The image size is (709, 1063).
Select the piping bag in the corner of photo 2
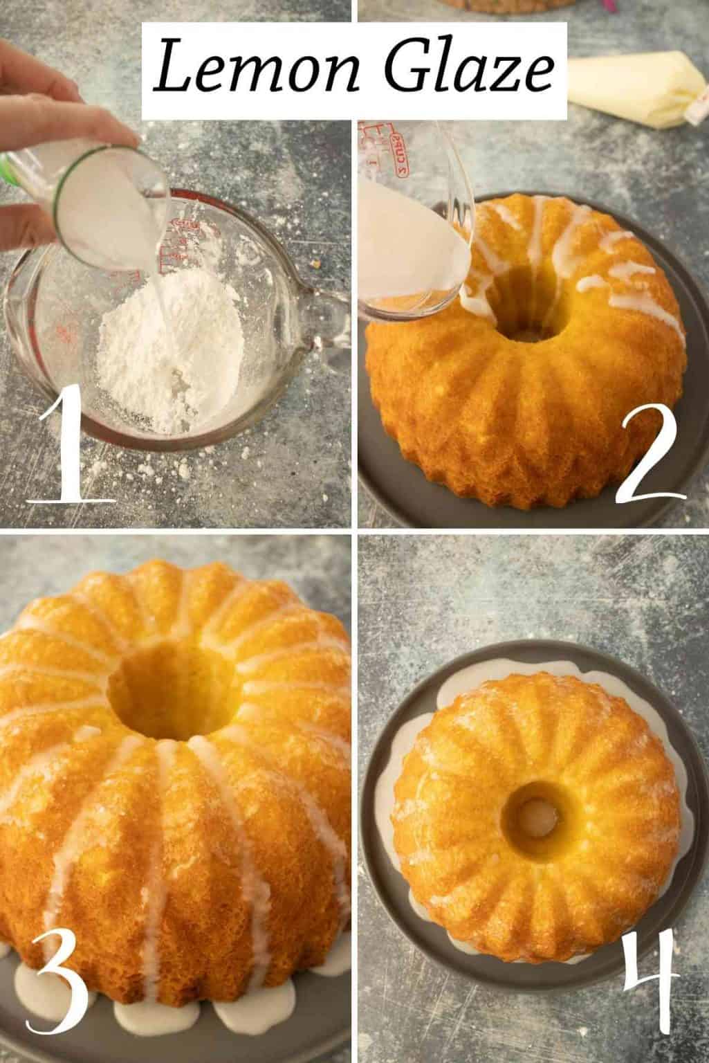point(636,90)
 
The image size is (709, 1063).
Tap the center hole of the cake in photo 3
point(173,692)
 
